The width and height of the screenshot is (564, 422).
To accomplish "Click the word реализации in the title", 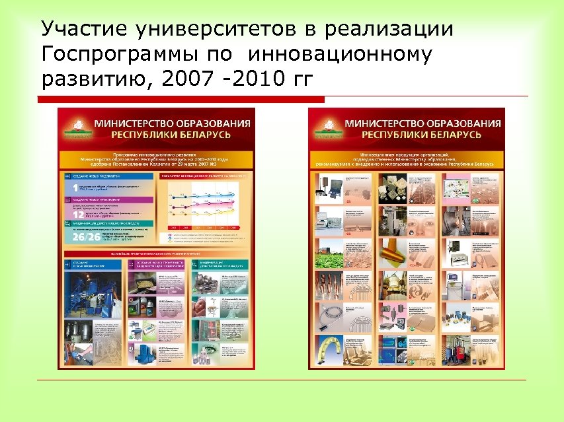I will click(389, 30).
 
